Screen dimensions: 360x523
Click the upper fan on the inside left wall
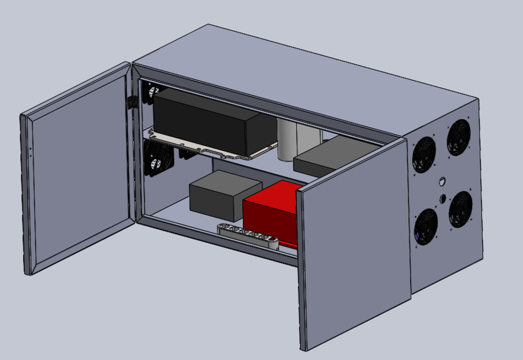click(x=150, y=93)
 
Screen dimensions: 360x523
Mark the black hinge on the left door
click(x=133, y=102)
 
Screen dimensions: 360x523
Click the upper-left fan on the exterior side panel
click(x=423, y=154)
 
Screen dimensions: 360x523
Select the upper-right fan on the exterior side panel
click(x=458, y=137)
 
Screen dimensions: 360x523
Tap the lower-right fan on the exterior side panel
click(x=461, y=209)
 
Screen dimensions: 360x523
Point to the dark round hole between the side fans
click(x=443, y=199)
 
